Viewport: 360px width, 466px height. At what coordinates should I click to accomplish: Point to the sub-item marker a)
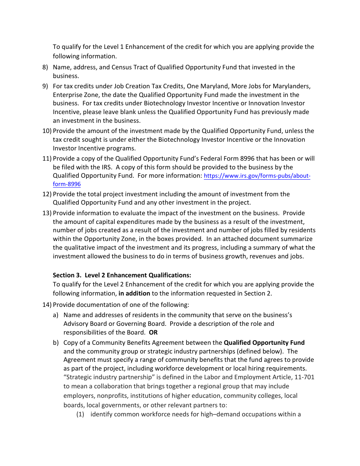pos(56,315)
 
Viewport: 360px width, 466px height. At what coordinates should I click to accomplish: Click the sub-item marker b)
pos(56,343)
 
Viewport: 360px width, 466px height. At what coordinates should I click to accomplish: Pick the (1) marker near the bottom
pos(80,414)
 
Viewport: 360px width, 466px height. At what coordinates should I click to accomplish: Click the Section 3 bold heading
pos(122,275)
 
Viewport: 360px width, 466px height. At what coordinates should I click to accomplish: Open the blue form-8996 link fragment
pos(67,185)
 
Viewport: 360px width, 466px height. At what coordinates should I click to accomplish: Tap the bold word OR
pos(153,333)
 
